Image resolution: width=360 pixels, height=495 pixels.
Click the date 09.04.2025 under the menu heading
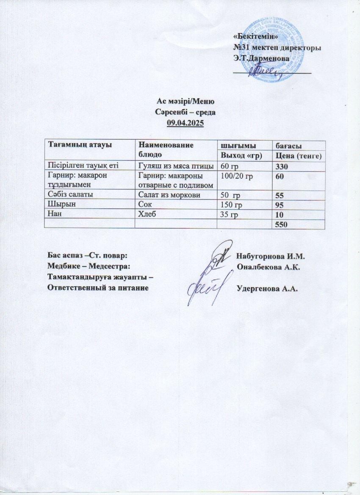[185, 123]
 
